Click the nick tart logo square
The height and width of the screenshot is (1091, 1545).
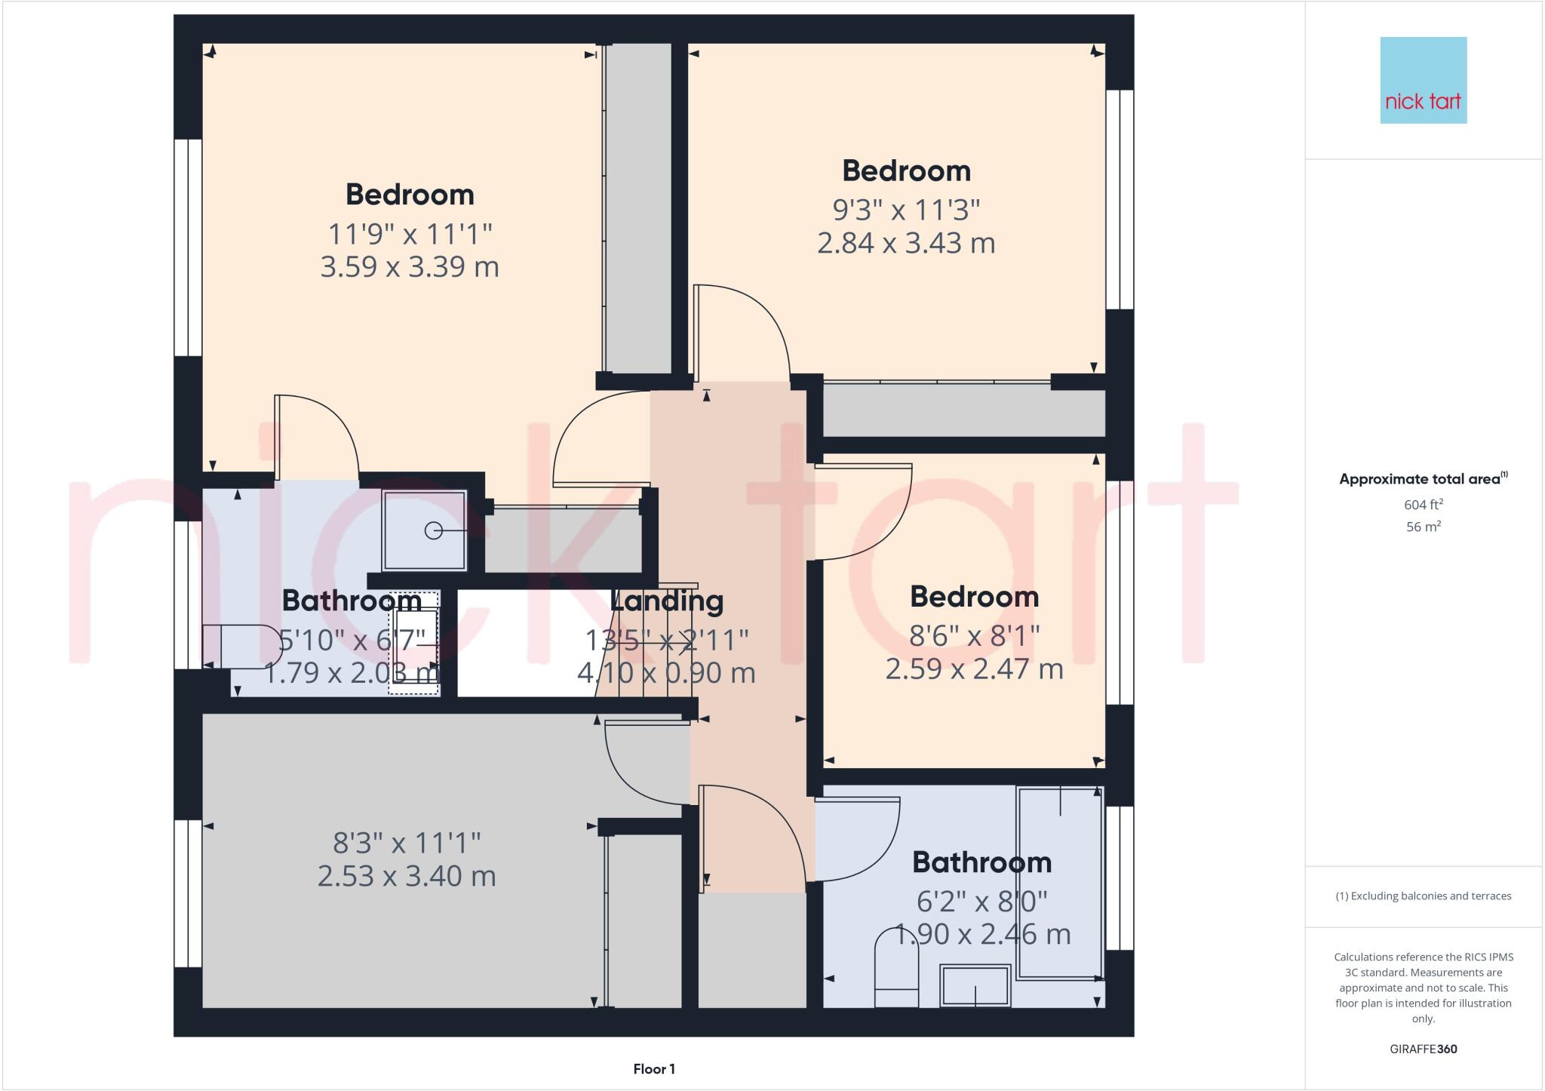point(1423,80)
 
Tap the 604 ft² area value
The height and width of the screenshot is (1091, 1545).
point(1423,505)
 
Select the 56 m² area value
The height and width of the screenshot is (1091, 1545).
point(1423,527)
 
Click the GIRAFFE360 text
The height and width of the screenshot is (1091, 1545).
point(1423,1049)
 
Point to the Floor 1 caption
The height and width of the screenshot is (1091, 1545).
point(654,1069)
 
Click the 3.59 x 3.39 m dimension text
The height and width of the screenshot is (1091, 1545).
point(410,267)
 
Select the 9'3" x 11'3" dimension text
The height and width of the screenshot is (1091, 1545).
point(906,210)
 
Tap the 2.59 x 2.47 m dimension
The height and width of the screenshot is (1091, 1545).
point(974,669)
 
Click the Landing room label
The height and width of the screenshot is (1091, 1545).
point(667,601)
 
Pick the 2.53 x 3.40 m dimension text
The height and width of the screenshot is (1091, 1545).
point(407,876)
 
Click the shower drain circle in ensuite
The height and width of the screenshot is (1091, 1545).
point(434,530)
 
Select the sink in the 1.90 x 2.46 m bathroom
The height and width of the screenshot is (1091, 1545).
point(975,985)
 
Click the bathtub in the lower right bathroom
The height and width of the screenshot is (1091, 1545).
point(1060,883)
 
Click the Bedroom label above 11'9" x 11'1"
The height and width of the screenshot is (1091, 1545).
point(410,195)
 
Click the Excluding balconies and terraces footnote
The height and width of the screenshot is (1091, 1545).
point(1423,896)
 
